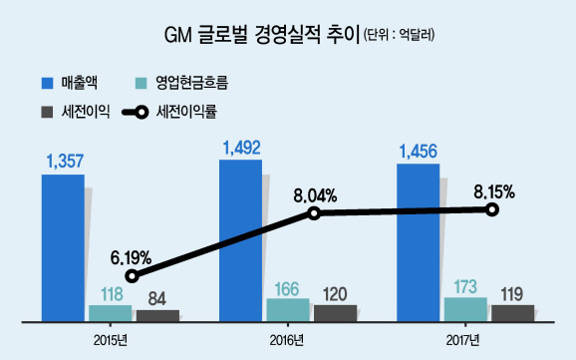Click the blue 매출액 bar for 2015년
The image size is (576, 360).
tap(63, 248)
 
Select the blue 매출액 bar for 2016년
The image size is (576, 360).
tap(240, 240)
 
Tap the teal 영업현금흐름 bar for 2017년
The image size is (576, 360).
tap(465, 309)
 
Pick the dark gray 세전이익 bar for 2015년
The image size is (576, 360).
tap(158, 316)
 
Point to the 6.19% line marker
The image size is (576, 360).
tap(133, 276)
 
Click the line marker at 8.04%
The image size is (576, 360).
tap(314, 213)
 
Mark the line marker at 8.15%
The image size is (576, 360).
tap(492, 210)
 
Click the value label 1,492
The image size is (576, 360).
tap(242, 148)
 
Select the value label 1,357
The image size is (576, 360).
tap(65, 162)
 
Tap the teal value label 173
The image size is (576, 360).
tap(465, 287)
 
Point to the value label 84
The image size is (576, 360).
tap(157, 299)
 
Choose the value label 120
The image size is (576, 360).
tap(335, 294)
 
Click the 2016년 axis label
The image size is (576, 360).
tap(287, 340)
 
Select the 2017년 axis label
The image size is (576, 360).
tap(462, 340)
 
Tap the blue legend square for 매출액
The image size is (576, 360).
tap(48, 83)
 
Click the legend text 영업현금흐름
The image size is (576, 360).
tap(191, 83)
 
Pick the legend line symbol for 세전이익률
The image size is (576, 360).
tap(136, 112)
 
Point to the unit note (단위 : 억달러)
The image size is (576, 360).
tap(399, 35)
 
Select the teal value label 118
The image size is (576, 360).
tap(112, 294)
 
